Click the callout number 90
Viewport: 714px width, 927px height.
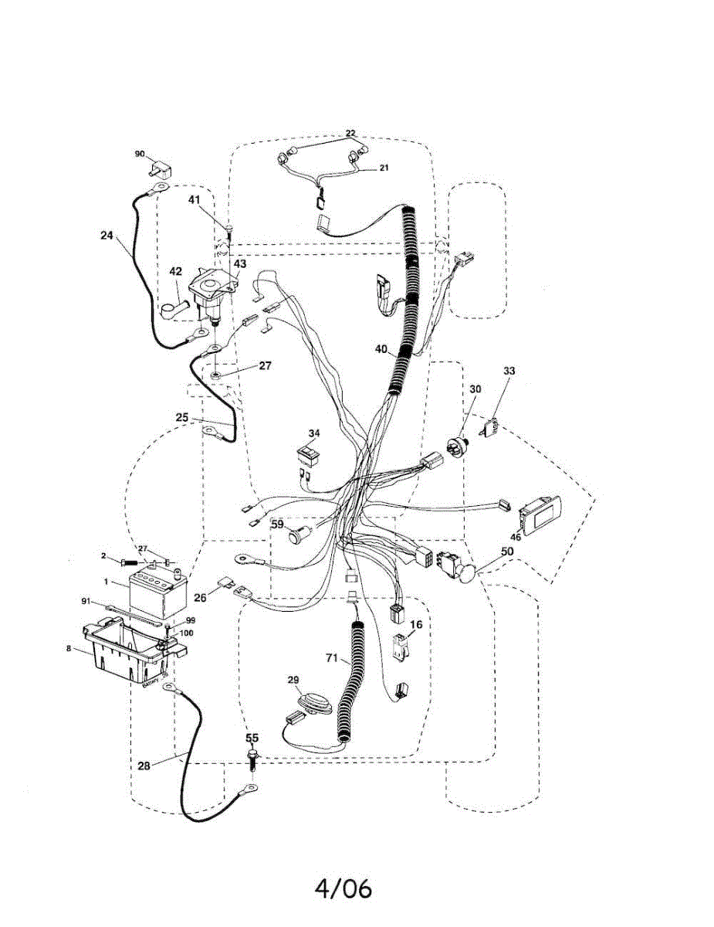point(140,154)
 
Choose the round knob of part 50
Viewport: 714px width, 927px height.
point(467,573)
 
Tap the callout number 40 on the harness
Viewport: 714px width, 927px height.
point(381,349)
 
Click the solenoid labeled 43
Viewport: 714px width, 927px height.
point(211,293)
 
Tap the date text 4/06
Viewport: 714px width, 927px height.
point(343,888)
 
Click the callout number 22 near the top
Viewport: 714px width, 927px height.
point(350,133)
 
